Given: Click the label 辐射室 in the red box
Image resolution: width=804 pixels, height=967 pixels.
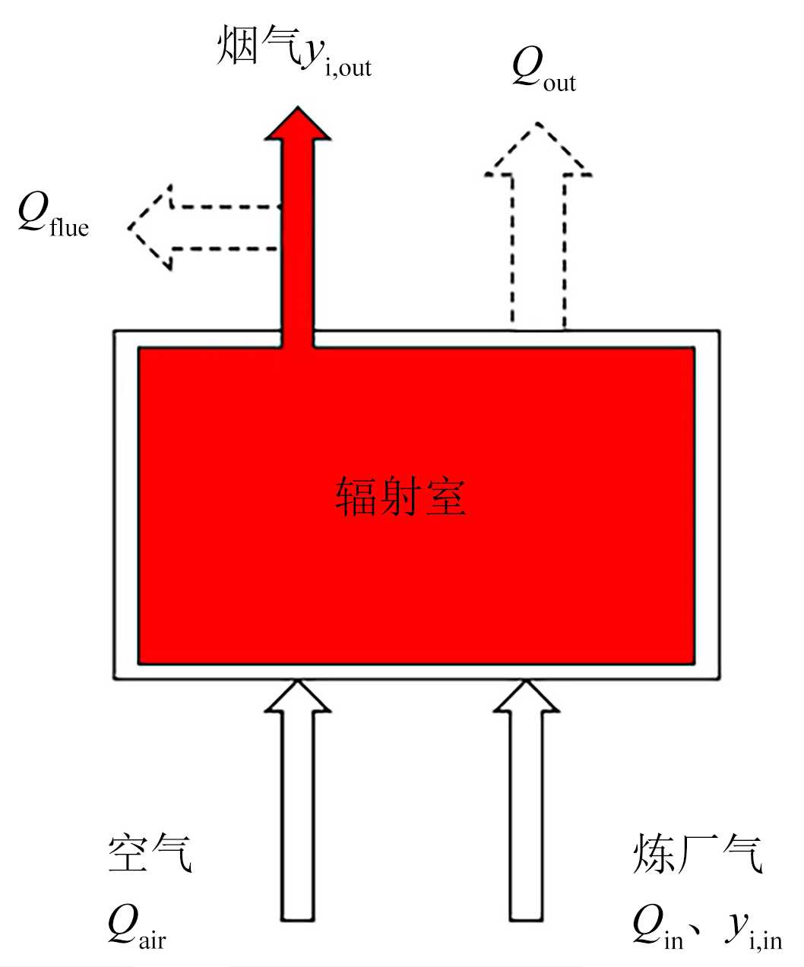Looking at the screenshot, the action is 400,497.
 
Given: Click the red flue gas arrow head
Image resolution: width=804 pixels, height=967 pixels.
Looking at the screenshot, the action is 297,125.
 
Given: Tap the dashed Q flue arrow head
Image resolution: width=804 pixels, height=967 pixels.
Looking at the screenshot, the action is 151,227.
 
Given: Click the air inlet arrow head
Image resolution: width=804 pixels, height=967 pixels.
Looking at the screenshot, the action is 297,697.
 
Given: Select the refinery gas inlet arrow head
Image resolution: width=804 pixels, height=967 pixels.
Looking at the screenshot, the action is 527,697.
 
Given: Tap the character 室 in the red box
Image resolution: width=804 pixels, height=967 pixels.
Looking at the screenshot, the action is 445,497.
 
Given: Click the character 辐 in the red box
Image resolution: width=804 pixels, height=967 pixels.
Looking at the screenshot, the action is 356,497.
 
